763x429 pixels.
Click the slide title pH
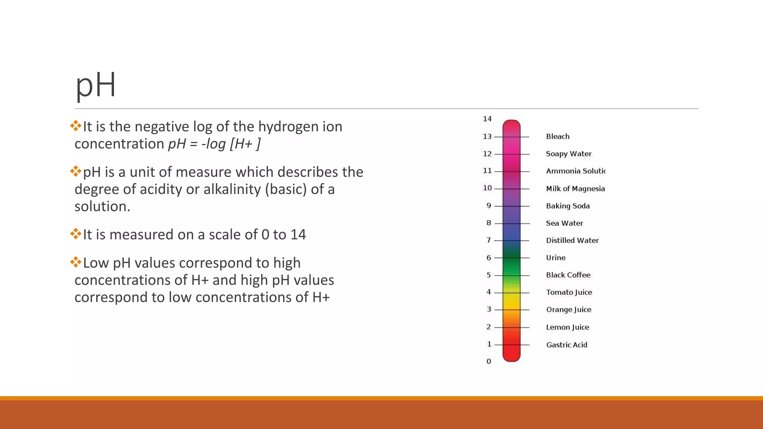point(96,86)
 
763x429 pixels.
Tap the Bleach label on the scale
point(558,137)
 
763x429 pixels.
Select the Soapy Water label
point(569,154)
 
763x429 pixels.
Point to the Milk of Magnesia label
point(575,188)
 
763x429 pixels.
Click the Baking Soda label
point(568,206)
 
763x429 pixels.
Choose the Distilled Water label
point(572,241)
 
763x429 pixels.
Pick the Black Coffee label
point(568,275)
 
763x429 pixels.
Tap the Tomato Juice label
point(569,292)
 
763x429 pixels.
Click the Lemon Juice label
point(567,327)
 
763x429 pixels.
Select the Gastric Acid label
point(567,345)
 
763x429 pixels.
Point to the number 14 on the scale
point(487,119)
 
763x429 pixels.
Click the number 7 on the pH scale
point(489,240)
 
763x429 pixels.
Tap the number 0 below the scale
point(489,361)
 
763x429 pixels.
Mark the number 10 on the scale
point(487,188)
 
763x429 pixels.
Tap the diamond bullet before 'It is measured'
point(76,234)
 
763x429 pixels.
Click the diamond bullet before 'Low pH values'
point(76,262)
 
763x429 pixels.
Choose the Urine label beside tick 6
point(555,258)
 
